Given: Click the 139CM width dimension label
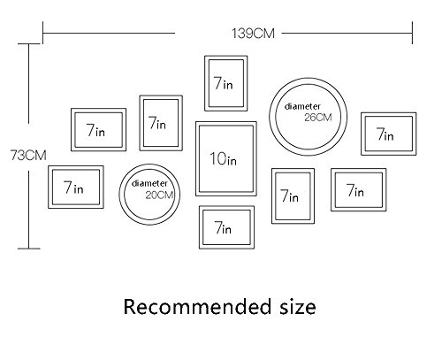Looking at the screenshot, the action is (x=253, y=34).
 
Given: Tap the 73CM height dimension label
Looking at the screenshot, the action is (x=28, y=155).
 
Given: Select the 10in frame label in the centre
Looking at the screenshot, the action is (x=223, y=158).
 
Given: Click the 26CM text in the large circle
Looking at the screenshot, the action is (x=318, y=118).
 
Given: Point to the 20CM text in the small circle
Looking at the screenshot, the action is (x=159, y=195).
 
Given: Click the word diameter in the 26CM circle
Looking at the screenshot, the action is (x=302, y=106).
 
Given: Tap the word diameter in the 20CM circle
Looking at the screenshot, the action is (x=149, y=183).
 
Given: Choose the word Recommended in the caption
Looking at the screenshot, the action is (x=193, y=307).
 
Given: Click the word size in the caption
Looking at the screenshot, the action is (x=298, y=307).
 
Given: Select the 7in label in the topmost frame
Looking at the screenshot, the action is (x=223, y=83).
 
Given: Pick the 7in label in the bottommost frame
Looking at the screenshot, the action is (x=223, y=227).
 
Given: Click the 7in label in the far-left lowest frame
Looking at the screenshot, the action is (x=73, y=188).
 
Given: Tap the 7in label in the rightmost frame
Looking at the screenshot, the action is (x=385, y=134).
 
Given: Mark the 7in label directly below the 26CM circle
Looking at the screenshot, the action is (x=289, y=195).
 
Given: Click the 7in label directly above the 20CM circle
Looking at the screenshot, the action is (x=156, y=123).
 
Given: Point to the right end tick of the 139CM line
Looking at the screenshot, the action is (x=412, y=33).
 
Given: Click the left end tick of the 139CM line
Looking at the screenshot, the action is (x=43, y=33).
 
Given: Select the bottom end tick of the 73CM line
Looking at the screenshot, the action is (x=28, y=249).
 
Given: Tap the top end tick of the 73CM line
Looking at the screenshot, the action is (x=28, y=44).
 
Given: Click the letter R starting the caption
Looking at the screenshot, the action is (x=130, y=307).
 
